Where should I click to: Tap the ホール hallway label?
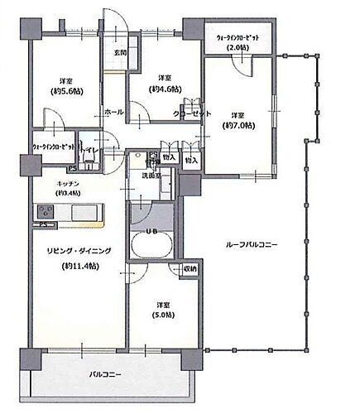tap(114, 111)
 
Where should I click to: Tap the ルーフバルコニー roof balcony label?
tap(253, 245)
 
